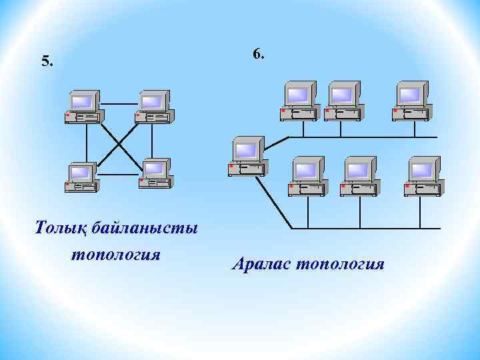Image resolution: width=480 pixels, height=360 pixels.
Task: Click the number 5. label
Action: point(47,62)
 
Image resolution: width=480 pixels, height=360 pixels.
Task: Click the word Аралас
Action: point(261,265)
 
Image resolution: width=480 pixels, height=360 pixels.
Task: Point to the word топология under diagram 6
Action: point(340,265)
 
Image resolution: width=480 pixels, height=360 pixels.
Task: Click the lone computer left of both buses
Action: point(245,156)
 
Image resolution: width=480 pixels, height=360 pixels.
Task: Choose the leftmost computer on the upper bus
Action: point(299,101)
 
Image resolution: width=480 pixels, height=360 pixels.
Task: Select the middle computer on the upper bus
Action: point(343,101)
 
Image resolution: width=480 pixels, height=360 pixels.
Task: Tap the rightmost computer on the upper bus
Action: point(411,101)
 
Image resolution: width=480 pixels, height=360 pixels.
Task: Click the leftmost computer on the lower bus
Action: point(307,176)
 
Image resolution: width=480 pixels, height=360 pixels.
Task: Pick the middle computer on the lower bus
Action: point(359,176)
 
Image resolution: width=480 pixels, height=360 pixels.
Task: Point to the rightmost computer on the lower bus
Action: point(423,176)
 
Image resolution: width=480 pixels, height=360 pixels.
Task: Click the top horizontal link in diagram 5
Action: point(119,104)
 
